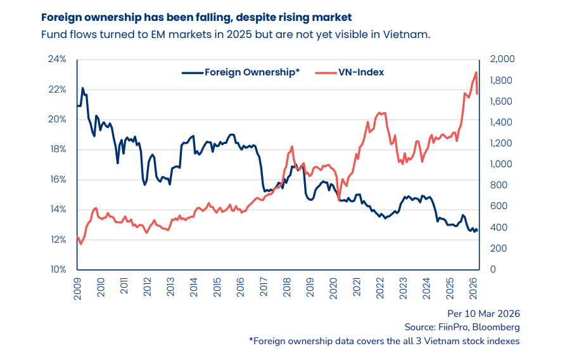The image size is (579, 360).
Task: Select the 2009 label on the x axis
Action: click(78, 288)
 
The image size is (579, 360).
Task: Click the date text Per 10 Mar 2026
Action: click(484, 313)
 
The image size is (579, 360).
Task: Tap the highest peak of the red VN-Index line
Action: click(476, 72)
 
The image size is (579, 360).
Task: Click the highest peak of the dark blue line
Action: click(82, 88)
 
